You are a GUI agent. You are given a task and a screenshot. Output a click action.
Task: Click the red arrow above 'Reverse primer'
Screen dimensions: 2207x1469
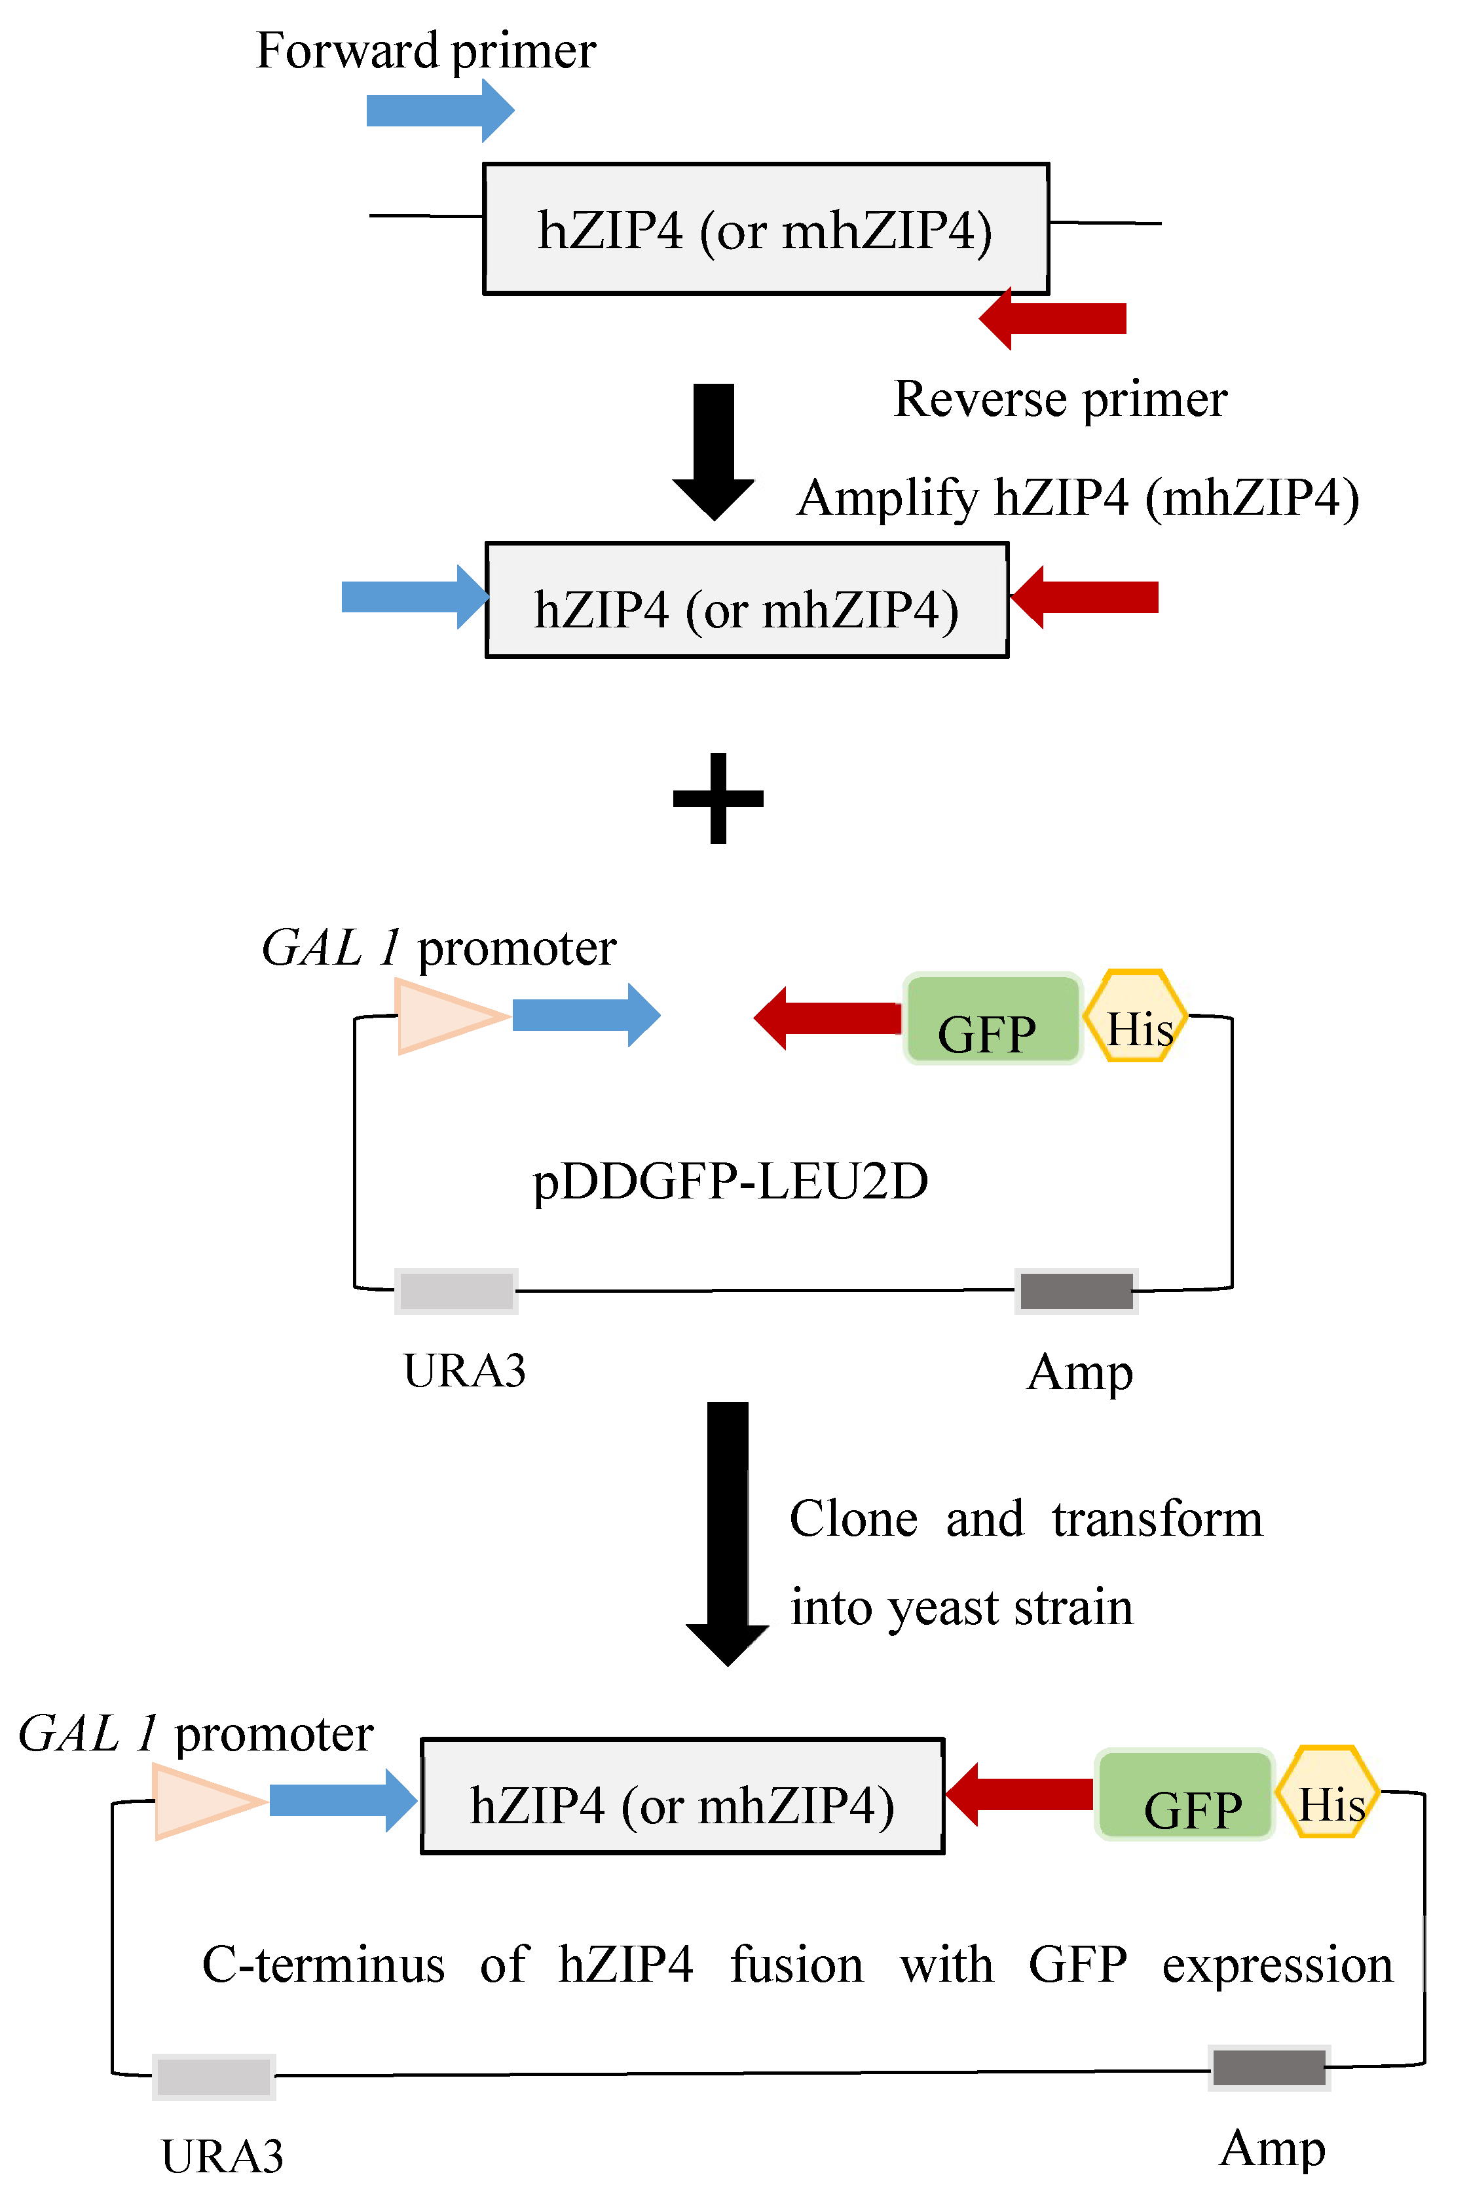[x=1053, y=318]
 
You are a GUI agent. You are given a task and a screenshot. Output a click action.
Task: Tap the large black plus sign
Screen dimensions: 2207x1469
[x=718, y=798]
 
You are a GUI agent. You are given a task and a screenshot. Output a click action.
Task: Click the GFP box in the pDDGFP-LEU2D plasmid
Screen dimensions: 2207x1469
[x=992, y=1018]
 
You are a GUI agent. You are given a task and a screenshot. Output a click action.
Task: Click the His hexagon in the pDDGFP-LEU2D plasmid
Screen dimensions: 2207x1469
[x=1136, y=1016]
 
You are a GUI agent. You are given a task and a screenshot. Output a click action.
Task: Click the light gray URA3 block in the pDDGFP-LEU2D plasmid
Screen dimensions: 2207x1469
[x=456, y=1291]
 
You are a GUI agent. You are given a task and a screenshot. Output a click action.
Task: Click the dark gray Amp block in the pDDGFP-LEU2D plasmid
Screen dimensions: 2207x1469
[x=1077, y=1291]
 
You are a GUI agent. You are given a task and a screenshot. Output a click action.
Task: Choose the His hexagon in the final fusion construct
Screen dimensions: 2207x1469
[x=1328, y=1792]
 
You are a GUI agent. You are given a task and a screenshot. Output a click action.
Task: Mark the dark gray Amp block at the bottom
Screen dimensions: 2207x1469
[x=1269, y=2068]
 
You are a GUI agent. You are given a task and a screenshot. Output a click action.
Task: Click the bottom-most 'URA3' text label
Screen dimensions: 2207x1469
[x=222, y=2157]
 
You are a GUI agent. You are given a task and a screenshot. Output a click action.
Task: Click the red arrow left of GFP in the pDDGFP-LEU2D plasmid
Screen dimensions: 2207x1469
[x=828, y=1018]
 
